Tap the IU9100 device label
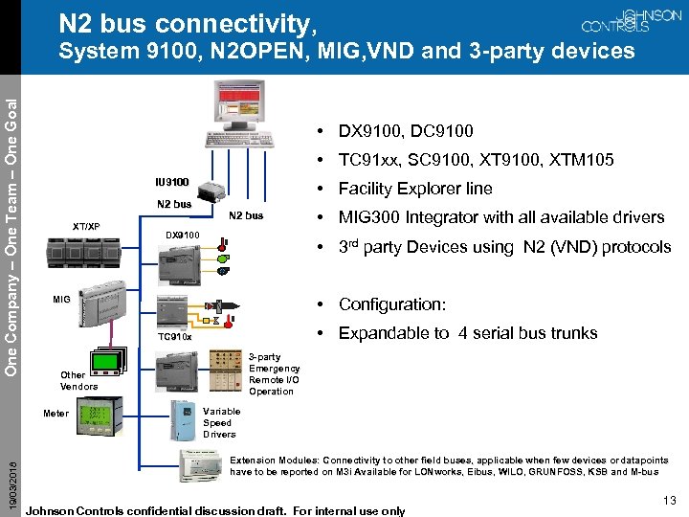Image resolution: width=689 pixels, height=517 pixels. click(172, 182)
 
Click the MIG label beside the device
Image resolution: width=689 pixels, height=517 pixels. click(62, 300)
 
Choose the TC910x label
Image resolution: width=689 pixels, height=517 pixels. click(175, 337)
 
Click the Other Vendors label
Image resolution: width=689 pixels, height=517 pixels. click(78, 381)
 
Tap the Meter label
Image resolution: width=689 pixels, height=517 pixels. click(56, 414)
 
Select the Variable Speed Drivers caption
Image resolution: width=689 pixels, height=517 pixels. click(221, 422)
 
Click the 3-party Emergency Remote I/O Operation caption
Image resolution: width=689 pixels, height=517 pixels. click(274, 374)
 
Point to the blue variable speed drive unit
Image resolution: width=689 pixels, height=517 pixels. click(183, 419)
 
